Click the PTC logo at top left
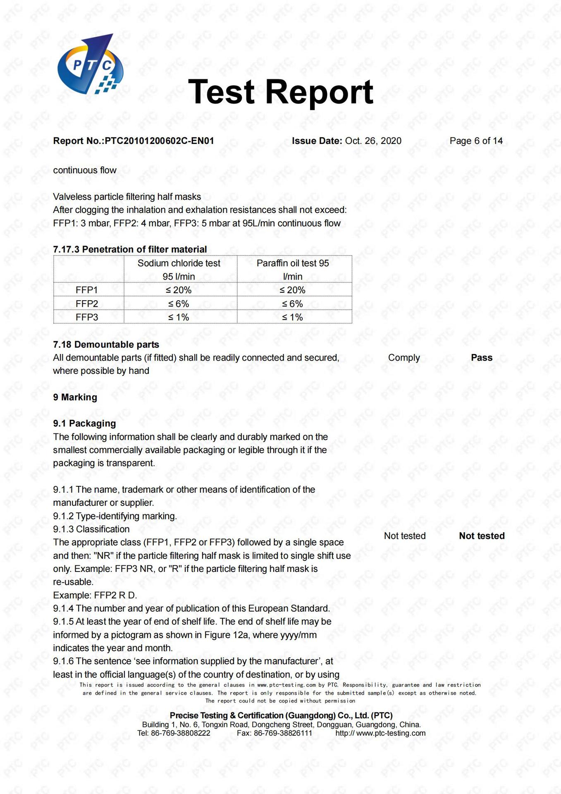coord(90,65)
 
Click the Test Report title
coord(281,92)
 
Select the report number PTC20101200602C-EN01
coord(159,141)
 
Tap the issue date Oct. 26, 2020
coord(373,141)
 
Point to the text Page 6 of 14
coord(476,141)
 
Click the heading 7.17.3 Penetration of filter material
coord(130,249)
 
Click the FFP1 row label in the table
coord(87,290)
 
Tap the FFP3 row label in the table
coord(87,317)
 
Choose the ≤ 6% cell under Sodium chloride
coord(179,304)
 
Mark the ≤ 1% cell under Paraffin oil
coord(293,317)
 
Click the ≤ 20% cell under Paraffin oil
coord(293,290)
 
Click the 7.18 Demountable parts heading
coord(106,344)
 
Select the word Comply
coord(404,358)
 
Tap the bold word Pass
coord(482,358)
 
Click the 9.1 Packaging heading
coord(84,423)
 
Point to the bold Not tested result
coord(482,536)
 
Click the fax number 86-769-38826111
coord(283,733)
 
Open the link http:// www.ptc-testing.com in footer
coord(380,733)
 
